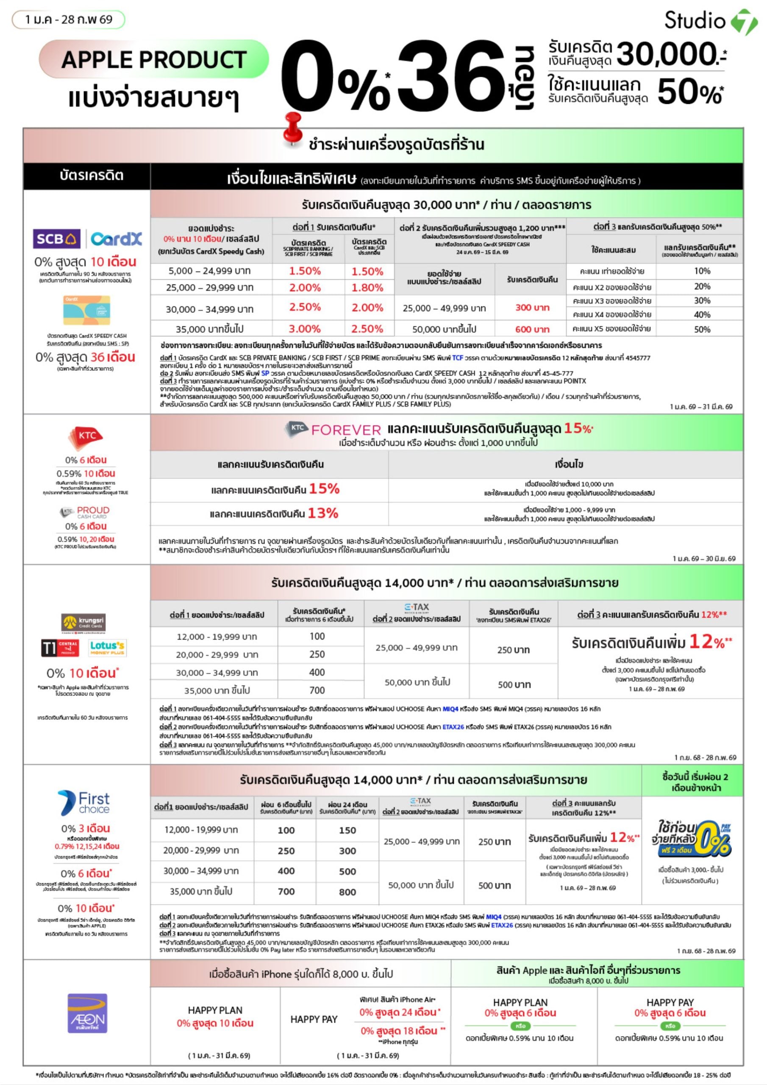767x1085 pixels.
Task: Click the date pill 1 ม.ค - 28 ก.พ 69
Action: [69, 19]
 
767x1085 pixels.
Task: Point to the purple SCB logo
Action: [56, 239]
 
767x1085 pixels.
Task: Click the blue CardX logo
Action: [116, 239]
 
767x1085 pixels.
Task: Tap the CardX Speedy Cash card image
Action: [86, 310]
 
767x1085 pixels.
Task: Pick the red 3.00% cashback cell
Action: [305, 329]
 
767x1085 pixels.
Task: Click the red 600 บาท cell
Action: [532, 329]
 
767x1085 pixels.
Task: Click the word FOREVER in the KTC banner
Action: [346, 430]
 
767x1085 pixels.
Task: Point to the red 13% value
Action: [323, 513]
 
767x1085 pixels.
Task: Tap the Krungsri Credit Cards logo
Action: [83, 622]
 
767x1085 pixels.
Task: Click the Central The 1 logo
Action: [60, 648]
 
